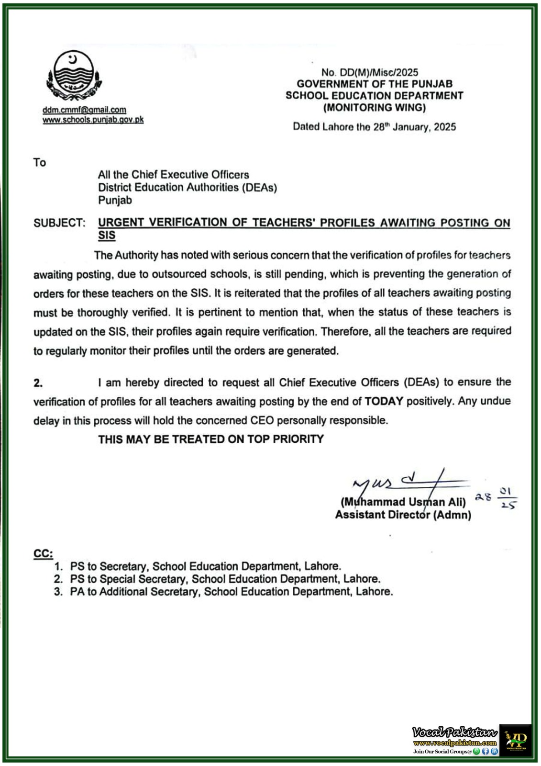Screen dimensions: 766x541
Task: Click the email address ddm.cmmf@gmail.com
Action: [84, 110]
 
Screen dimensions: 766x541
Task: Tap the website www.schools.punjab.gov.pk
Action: [93, 120]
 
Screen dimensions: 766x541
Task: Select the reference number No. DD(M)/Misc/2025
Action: [369, 72]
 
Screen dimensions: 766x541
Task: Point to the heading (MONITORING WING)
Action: [374, 107]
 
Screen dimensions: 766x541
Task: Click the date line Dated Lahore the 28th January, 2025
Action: [374, 127]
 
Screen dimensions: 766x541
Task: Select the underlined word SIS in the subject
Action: [107, 236]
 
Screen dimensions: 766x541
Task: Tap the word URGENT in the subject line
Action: [121, 223]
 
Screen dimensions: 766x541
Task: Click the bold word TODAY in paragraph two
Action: [384, 401]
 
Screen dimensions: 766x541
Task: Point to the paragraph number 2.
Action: [38, 383]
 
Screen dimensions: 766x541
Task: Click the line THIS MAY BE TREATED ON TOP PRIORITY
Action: [210, 439]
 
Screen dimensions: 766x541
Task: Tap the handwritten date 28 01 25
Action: [496, 498]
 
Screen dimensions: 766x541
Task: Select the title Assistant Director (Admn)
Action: [403, 515]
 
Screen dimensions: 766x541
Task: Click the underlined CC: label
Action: [43, 554]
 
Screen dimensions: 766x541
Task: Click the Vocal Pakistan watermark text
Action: [454, 732]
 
